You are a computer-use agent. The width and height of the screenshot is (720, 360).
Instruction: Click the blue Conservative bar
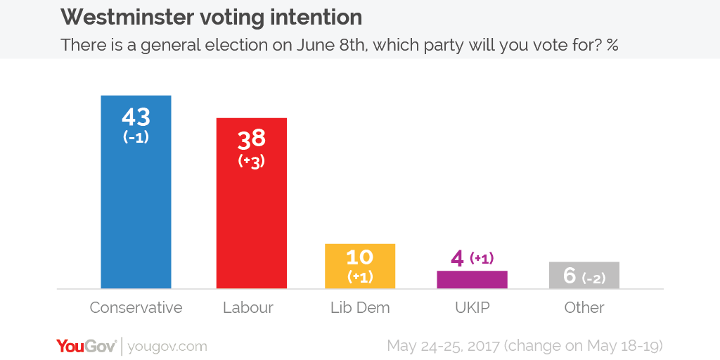[136, 211]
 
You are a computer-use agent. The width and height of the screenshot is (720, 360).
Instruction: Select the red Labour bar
[251, 225]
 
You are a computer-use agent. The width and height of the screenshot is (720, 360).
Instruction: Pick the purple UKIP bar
[472, 279]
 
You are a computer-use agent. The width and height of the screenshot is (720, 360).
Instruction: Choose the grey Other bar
[584, 275]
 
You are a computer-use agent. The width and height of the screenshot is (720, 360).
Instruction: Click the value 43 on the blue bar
[136, 117]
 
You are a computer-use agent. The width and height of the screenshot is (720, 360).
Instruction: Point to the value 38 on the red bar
[252, 140]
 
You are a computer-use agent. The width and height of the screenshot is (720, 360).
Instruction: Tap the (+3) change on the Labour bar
[252, 161]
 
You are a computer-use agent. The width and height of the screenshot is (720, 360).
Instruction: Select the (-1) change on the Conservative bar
[136, 137]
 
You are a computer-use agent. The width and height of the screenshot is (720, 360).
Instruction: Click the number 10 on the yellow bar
[359, 257]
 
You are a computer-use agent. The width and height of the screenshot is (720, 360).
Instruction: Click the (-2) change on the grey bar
[594, 278]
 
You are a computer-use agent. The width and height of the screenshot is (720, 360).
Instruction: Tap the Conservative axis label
[136, 308]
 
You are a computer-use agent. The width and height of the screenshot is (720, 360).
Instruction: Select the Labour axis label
[247, 308]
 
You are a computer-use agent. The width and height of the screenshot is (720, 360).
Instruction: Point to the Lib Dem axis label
[359, 308]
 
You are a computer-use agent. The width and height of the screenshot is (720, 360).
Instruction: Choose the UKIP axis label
[472, 308]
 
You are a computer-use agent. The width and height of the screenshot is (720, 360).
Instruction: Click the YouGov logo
[86, 346]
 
